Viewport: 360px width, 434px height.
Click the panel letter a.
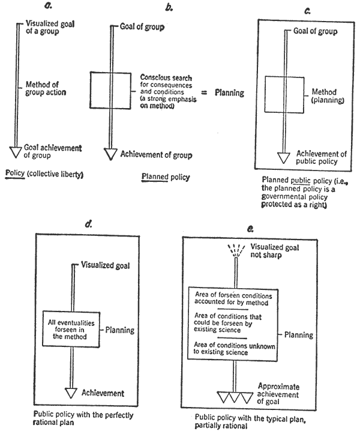click(x=48, y=5)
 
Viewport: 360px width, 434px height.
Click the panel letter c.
click(x=307, y=11)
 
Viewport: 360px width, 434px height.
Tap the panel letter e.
click(x=250, y=229)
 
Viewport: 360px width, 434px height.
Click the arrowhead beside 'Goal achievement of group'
click(x=16, y=152)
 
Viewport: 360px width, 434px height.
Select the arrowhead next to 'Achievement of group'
click(x=110, y=154)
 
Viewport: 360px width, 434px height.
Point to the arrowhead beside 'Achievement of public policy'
click(x=284, y=158)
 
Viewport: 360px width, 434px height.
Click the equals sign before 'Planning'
click(x=204, y=92)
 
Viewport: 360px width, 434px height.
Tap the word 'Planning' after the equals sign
click(x=229, y=92)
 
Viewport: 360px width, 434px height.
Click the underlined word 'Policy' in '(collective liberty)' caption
click(x=15, y=173)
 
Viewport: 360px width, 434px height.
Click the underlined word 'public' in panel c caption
click(x=301, y=181)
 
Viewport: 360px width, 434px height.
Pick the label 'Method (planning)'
click(x=328, y=96)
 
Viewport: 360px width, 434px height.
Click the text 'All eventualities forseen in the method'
click(x=71, y=330)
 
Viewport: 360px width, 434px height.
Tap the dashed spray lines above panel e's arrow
click(x=236, y=250)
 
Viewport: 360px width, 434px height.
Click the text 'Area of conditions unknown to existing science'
click(x=234, y=349)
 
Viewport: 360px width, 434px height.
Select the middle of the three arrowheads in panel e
click(x=235, y=397)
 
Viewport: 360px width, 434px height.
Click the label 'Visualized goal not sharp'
click(x=274, y=251)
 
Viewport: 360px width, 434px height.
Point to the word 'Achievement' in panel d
click(x=103, y=393)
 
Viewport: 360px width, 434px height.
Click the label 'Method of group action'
click(x=46, y=88)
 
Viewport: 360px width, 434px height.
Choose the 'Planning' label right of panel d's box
click(x=120, y=330)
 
